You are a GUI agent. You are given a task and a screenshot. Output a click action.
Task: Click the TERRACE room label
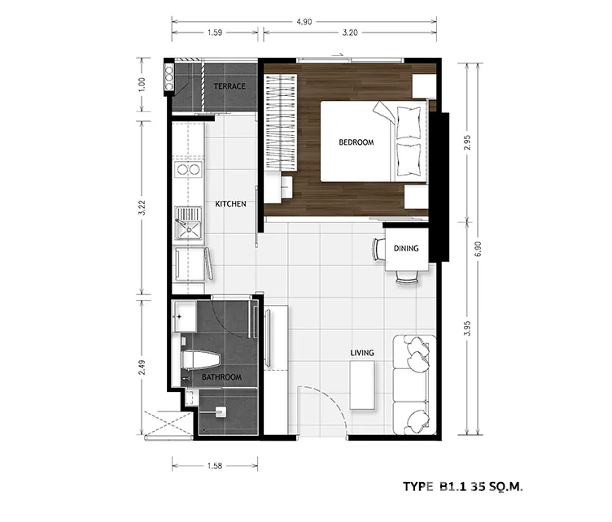(x=229, y=86)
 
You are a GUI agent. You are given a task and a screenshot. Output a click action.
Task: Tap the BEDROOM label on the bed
(x=356, y=142)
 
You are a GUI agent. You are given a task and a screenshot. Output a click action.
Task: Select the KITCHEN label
(x=230, y=204)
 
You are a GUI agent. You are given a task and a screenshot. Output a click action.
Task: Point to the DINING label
(x=406, y=248)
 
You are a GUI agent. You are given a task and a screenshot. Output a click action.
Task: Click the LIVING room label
(x=362, y=353)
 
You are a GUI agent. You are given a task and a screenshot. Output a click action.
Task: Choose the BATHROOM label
(x=221, y=377)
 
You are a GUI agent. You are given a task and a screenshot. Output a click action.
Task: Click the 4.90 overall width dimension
(x=304, y=22)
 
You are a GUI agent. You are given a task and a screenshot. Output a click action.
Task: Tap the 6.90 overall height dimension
(x=479, y=249)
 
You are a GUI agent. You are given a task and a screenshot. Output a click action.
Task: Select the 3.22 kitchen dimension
(x=142, y=207)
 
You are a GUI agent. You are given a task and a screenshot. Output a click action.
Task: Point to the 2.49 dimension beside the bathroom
(x=142, y=368)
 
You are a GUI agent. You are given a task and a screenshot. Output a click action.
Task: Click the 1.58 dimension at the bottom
(x=215, y=465)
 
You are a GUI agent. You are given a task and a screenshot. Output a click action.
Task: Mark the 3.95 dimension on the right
(x=468, y=328)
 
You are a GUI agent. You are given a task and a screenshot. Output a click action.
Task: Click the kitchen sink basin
(x=189, y=230)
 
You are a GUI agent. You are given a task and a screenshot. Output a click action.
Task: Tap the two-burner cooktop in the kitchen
(x=188, y=169)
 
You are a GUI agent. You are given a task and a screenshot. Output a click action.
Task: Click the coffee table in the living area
(x=362, y=385)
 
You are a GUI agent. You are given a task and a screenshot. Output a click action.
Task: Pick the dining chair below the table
(x=408, y=277)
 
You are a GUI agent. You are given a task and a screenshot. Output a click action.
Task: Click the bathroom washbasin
(x=185, y=316)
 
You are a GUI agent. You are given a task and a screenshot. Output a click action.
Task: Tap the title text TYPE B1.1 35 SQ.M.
(x=462, y=486)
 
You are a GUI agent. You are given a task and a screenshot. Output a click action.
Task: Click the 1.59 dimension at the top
(x=215, y=33)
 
